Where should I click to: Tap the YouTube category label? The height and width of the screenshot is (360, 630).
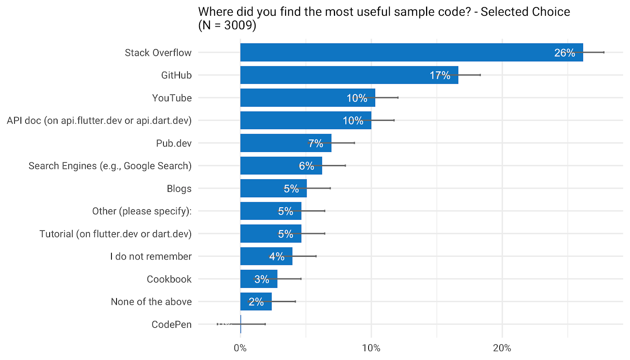point(172,98)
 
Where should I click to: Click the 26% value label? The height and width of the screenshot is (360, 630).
point(564,53)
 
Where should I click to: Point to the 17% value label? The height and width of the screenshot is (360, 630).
point(439,75)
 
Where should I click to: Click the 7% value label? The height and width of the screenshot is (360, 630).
point(315,143)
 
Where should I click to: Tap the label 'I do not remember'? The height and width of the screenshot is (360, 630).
point(151,256)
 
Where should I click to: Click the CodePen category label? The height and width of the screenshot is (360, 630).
point(171,325)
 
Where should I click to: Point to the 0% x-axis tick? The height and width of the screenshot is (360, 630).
point(240,348)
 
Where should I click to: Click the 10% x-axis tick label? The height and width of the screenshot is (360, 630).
point(371,348)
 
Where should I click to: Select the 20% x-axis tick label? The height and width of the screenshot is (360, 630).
point(502,348)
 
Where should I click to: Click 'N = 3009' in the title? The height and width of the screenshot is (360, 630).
point(227,25)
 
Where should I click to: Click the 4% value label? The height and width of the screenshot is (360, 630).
point(277,256)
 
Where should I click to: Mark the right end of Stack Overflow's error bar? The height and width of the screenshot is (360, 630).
point(604,52)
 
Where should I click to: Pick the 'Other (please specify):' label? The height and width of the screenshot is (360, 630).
point(142,211)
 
